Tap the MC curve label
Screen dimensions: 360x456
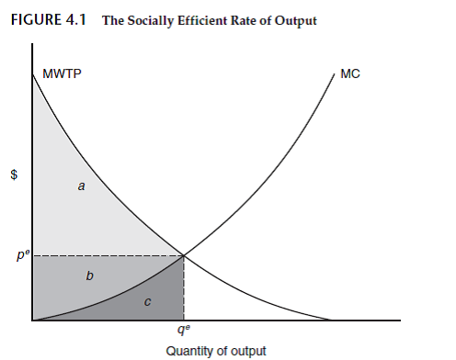point(349,73)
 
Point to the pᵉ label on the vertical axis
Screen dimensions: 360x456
point(22,254)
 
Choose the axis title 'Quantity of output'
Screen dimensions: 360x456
point(216,351)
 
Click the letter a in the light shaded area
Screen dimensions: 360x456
point(81,186)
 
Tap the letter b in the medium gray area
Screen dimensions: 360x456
point(89,275)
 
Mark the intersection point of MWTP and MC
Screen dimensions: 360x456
point(185,255)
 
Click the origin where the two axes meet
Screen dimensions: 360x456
point(32,321)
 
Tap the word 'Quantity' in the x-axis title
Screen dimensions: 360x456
point(189,351)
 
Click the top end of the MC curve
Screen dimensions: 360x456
point(330,70)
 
